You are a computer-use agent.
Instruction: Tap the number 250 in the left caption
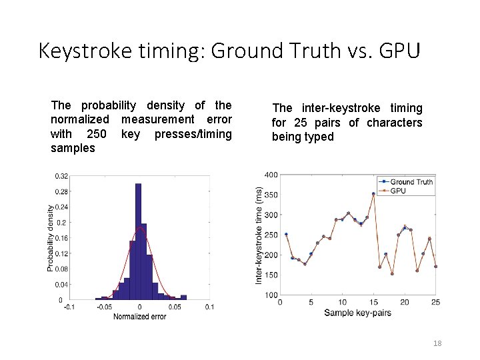(x=97, y=134)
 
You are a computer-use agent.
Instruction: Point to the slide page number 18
(x=437, y=343)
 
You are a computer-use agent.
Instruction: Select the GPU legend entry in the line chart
(x=398, y=191)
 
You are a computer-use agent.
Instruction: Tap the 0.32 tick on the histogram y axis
(x=61, y=176)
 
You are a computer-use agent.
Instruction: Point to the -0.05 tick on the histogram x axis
(x=105, y=307)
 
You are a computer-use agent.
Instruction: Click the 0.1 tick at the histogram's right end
(x=209, y=307)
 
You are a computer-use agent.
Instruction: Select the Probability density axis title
(x=50, y=237)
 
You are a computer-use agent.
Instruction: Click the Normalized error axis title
(x=139, y=316)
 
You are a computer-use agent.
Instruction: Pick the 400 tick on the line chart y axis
(x=271, y=175)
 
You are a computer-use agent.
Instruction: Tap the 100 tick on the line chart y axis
(x=271, y=295)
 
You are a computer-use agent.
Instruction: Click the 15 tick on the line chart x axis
(x=373, y=303)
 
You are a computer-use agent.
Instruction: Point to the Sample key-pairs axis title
(x=357, y=313)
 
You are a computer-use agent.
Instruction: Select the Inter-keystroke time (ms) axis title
(x=259, y=235)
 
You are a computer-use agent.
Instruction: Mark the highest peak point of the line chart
(x=373, y=193)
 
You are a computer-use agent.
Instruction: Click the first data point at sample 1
(x=286, y=234)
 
